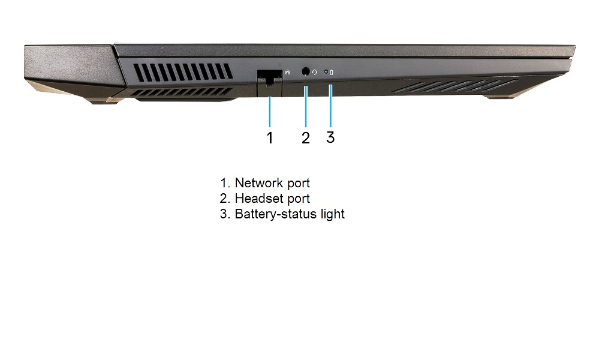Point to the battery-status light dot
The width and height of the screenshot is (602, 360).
326,71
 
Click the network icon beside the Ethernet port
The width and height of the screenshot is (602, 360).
288,72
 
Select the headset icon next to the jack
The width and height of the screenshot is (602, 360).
314,72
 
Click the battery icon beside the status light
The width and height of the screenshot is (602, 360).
332,72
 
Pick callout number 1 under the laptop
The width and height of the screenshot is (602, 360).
270,137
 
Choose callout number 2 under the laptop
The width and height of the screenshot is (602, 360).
306,137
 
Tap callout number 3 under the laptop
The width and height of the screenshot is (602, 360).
330,137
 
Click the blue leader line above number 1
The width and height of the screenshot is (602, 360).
270,112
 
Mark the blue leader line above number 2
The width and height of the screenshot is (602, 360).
306,106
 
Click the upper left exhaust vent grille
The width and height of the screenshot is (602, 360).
183,73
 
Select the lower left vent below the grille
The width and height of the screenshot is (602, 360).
184,92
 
